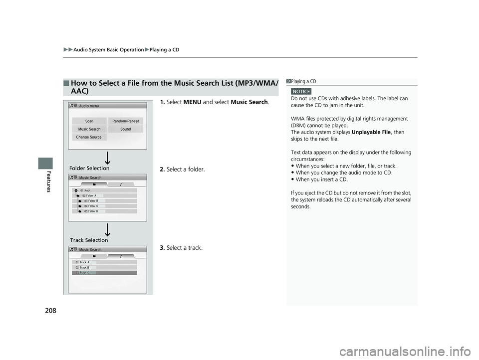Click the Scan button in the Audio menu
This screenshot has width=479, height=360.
(x=89, y=121)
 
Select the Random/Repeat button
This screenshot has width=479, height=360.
(x=126, y=121)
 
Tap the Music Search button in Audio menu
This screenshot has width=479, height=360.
(x=89, y=129)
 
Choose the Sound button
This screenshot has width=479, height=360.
(x=126, y=129)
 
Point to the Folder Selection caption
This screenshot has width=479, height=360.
(x=90, y=169)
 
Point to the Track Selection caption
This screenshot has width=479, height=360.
(x=89, y=240)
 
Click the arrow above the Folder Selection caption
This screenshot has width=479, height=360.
(x=107, y=159)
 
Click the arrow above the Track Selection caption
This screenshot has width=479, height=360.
(x=107, y=229)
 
